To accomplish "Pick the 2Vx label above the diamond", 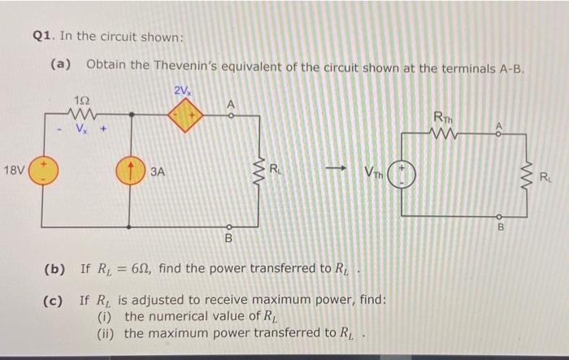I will pyautogui.click(x=183, y=89).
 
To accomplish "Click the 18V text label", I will pyautogui.click(x=15, y=171).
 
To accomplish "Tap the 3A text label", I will pyautogui.click(x=159, y=172).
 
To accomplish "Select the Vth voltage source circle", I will pyautogui.click(x=404, y=173).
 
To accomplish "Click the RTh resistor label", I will pyautogui.click(x=444, y=115).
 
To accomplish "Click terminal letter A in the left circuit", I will pyautogui.click(x=230, y=104).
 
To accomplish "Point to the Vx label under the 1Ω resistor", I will pyautogui.click(x=81, y=128).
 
